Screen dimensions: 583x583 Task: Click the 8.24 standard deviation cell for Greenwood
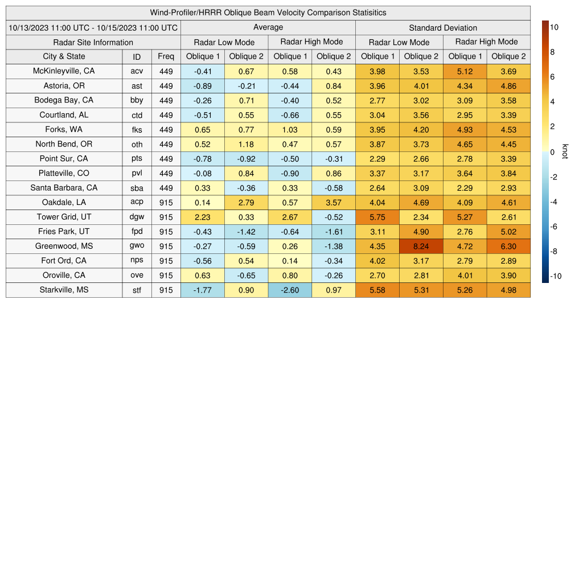[421, 247]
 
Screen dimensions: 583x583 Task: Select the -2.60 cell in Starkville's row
[290, 290]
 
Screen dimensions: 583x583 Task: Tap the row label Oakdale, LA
[64, 203]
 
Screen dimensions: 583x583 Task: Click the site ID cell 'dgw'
[137, 217]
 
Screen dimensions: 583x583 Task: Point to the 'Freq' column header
[166, 56]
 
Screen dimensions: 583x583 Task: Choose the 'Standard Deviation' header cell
[443, 27]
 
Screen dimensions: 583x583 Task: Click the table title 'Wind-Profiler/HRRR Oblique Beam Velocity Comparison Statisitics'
[268, 13]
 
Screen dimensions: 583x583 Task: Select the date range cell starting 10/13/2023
[93, 27]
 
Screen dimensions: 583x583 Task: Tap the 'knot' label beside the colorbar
[565, 151]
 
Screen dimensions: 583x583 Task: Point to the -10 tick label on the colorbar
[555, 277]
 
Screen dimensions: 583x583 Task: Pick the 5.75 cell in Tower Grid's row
[377, 217]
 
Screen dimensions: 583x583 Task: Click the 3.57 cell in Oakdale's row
[334, 203]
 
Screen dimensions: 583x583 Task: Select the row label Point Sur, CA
[64, 159]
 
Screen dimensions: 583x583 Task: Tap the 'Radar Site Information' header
[93, 42]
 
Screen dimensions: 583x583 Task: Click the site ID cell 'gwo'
[137, 247]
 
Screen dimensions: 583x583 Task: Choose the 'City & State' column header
[64, 56]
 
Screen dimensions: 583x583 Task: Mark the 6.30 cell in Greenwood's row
[508, 247]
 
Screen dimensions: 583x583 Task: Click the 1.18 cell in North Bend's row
[246, 144]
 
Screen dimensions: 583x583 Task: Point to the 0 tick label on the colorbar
[553, 152]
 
